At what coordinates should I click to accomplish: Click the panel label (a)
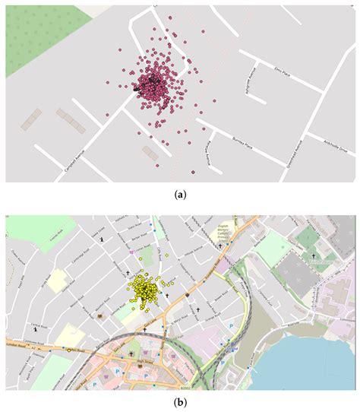(180, 195)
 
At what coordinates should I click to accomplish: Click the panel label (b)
(180, 401)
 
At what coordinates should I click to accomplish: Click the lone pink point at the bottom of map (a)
(194, 173)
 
